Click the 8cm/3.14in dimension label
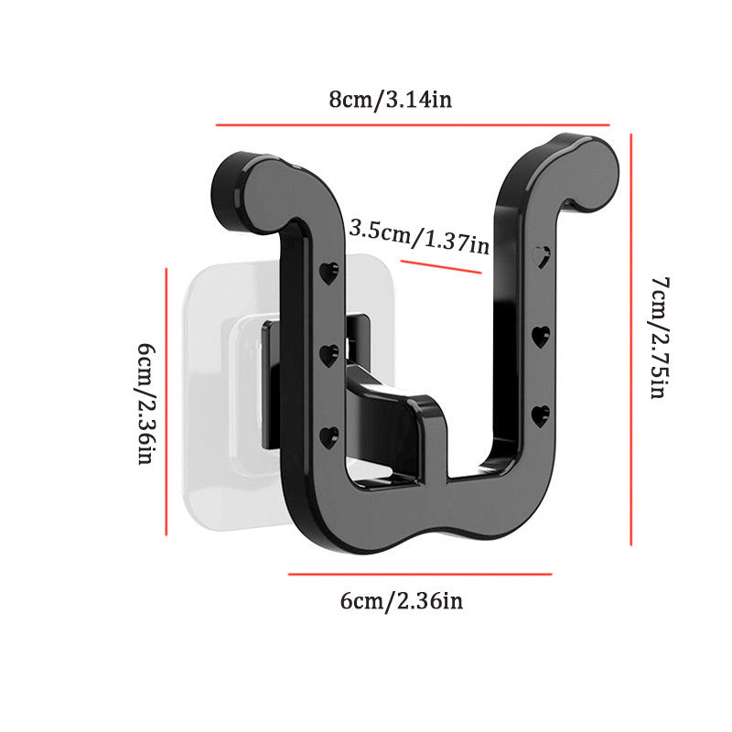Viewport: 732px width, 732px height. tap(391, 100)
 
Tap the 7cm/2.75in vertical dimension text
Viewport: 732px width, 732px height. tap(660, 338)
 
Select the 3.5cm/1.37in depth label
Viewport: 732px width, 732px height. tap(419, 237)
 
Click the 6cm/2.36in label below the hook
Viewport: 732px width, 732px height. tap(402, 601)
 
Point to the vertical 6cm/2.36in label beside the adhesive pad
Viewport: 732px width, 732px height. tap(146, 404)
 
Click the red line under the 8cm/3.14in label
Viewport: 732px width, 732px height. tap(413, 124)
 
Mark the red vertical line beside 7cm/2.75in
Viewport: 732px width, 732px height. tap(630, 339)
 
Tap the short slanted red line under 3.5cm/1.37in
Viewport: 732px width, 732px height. tap(441, 266)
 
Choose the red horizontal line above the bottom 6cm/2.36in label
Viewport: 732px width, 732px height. tap(420, 574)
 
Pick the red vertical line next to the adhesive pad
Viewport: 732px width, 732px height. tap(167, 402)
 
